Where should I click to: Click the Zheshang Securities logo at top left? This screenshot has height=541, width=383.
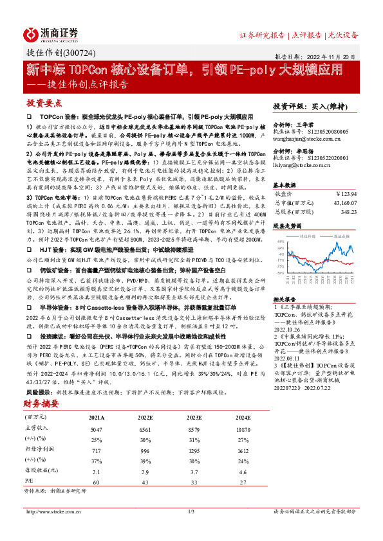coord(51,34)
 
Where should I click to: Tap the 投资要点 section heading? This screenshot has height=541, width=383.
coord(44,103)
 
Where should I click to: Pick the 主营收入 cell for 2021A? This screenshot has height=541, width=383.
coord(95,427)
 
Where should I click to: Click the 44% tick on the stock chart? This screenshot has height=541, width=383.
coord(280,242)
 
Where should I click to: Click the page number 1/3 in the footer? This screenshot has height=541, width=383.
coord(191,529)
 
